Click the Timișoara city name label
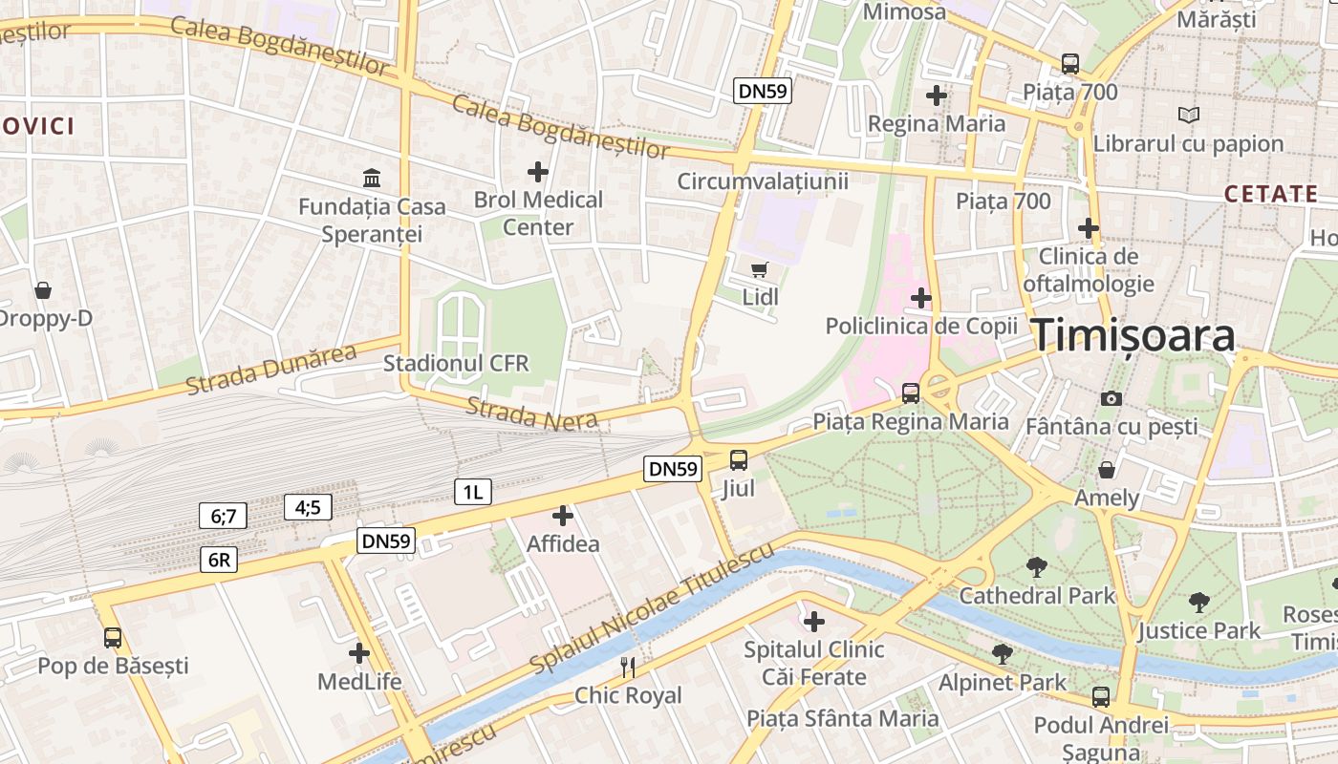(1133, 335)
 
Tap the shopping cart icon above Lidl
(760, 269)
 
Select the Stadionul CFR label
(456, 363)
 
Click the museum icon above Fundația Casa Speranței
(371, 178)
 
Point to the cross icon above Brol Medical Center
(538, 172)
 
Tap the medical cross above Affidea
(563, 516)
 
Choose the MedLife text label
(359, 682)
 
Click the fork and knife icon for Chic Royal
(628, 667)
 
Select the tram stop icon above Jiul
(739, 460)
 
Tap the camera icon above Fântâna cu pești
(1111, 398)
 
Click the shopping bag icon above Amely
(1107, 470)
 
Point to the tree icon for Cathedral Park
(1036, 567)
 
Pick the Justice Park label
(1198, 630)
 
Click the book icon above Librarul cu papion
(1188, 116)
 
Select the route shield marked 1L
(472, 493)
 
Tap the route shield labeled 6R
(219, 560)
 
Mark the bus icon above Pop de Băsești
(113, 637)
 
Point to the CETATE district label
(1271, 194)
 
